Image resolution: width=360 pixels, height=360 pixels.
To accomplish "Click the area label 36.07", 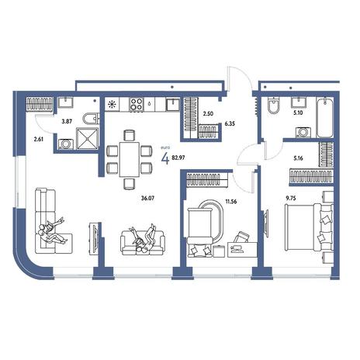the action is coord(147,199).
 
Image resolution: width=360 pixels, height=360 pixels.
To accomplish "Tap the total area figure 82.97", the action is coord(178,157).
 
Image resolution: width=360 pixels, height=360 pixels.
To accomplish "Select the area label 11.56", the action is coord(231,202).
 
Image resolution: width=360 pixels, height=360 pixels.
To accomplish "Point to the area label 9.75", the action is coord(291,199).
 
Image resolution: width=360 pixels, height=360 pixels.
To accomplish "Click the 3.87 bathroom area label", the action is coord(67,121).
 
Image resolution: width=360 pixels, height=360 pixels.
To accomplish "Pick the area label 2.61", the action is coord(39,139).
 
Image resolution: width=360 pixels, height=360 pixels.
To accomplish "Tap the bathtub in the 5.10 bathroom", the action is coord(324,117).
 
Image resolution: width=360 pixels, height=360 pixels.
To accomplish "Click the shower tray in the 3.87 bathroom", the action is coord(88,138).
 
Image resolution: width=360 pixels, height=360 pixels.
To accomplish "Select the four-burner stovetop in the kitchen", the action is coord(136,104).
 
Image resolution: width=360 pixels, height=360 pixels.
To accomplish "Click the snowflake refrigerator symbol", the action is coord(112,105).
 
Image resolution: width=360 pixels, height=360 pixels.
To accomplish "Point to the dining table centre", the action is coord(130,159).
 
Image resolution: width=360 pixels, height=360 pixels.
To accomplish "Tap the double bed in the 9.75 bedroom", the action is coord(309,227).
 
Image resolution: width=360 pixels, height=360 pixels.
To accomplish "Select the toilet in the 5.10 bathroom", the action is coord(273,106).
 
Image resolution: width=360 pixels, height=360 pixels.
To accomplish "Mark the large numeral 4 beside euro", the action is coord(165,158).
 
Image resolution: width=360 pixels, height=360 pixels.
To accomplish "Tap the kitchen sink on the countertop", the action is coord(172,105).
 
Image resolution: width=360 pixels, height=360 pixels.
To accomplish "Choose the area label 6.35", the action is coord(230,124).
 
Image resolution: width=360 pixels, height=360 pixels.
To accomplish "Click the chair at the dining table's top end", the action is coord(130,136).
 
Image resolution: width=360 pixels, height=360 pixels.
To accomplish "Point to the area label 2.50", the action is coord(208,113).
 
